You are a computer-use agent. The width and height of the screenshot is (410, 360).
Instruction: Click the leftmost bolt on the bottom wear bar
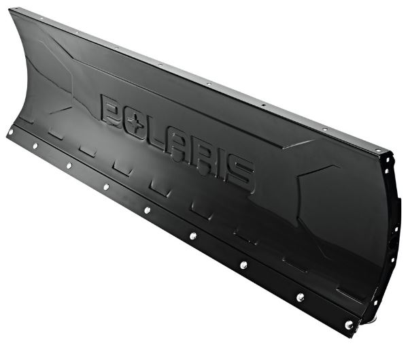tap(11, 132)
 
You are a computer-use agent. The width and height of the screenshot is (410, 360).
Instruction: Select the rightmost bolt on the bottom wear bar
tap(349, 325)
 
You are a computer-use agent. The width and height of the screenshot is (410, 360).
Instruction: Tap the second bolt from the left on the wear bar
tap(35, 145)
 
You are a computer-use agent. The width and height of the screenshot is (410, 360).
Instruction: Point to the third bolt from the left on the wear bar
tap(68, 165)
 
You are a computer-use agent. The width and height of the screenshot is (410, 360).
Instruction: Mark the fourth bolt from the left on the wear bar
tap(106, 186)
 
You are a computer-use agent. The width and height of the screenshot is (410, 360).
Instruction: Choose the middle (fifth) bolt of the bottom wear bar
tap(147, 210)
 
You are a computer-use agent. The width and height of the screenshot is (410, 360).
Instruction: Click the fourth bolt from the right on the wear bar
tap(193, 236)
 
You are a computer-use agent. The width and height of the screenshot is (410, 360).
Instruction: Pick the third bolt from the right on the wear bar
tap(243, 265)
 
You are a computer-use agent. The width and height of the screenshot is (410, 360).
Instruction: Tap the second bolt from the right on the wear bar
tap(299, 297)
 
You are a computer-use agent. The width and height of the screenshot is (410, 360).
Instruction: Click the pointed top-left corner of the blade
tap(11, 10)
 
